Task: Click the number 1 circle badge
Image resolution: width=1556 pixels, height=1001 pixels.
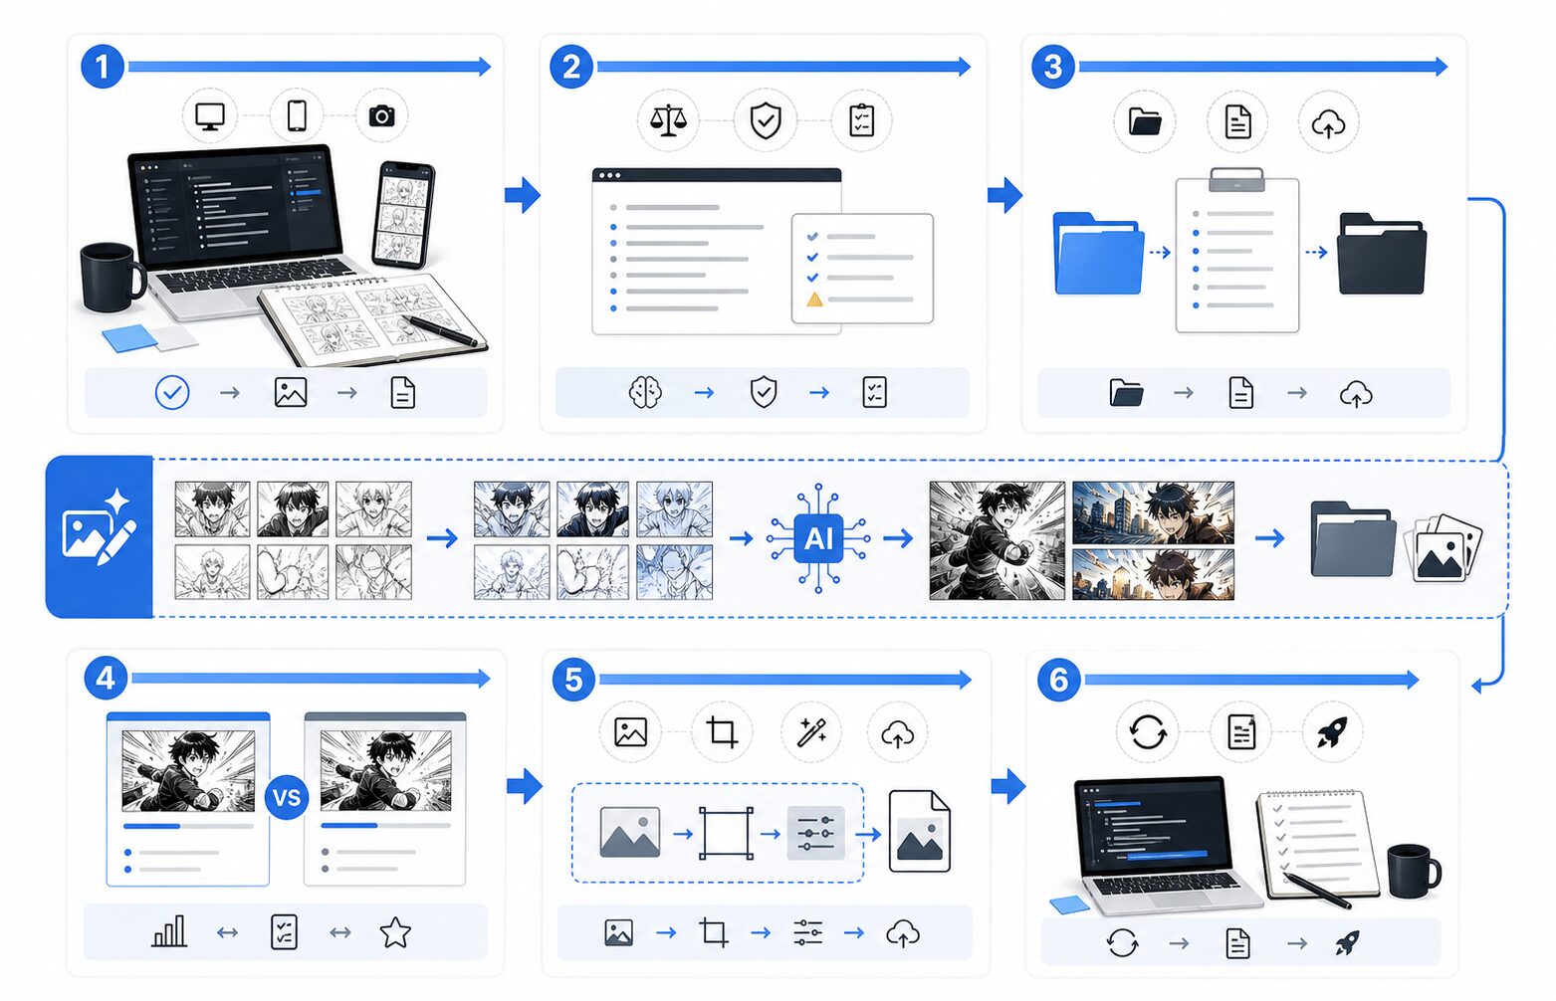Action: (103, 68)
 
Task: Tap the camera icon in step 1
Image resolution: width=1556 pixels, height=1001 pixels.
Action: (381, 115)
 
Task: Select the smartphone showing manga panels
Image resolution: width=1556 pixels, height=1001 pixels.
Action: (404, 215)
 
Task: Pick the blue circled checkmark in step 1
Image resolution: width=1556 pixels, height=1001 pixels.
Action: (172, 393)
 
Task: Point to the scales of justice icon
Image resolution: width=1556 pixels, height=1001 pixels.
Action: (668, 120)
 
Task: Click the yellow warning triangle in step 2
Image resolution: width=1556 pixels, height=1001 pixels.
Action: (814, 300)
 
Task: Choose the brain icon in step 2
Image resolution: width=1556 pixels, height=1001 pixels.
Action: (645, 392)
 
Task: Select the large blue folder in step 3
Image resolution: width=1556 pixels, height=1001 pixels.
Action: (1098, 254)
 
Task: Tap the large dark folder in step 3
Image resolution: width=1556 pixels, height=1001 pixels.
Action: (1382, 254)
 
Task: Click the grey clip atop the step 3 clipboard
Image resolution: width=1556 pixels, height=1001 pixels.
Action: (1236, 179)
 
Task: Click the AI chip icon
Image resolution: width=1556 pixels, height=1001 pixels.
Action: (818, 538)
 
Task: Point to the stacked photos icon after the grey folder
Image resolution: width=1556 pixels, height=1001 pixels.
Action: (1443, 547)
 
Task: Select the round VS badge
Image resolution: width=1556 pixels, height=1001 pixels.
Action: (287, 798)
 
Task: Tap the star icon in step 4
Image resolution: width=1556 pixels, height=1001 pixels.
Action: (395, 932)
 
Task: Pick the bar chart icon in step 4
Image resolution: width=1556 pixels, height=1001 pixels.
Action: (169, 931)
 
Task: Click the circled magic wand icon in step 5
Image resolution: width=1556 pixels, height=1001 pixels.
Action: (811, 731)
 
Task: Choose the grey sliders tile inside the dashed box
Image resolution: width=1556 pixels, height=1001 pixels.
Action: (815, 833)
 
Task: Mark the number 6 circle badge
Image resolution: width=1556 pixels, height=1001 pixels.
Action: (1058, 680)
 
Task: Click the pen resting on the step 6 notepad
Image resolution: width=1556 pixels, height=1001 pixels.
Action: (1317, 891)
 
